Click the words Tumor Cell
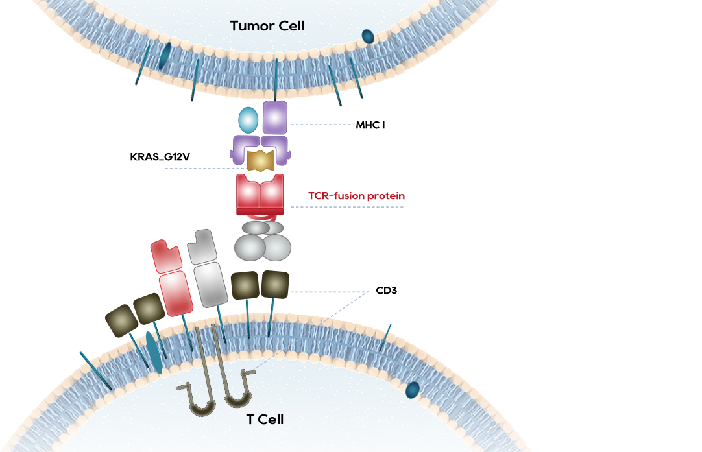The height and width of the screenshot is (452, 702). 267,27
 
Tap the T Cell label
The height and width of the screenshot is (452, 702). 265,420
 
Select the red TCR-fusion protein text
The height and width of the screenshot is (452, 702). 357,196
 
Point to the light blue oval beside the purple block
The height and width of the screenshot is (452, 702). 248,120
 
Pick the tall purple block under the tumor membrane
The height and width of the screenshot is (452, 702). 275,117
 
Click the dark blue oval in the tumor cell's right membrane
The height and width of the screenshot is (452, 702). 368,36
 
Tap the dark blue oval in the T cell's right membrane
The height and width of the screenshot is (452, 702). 412,390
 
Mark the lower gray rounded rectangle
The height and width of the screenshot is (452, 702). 210,283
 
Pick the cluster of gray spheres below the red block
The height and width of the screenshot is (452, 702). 262,241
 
